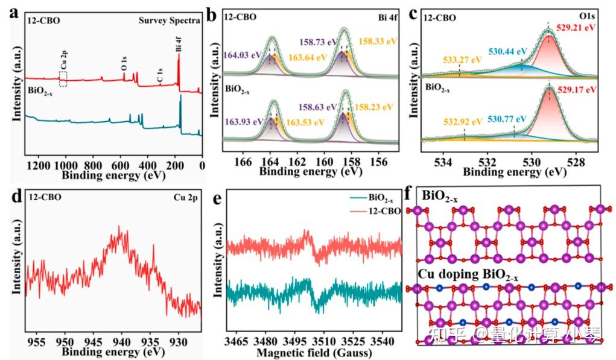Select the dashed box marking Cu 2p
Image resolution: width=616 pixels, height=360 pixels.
63,78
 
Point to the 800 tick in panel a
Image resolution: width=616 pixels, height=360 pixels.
92,165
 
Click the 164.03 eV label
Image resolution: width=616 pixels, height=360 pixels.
244,55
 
